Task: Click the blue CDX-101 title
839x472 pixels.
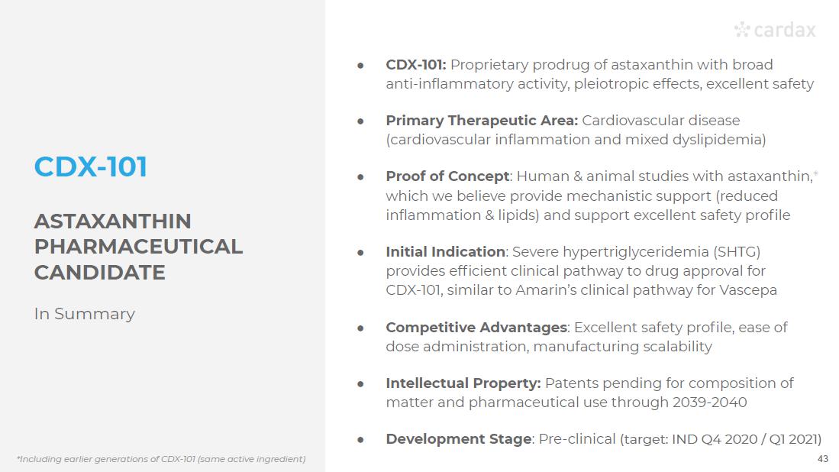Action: pyautogui.click(x=90, y=166)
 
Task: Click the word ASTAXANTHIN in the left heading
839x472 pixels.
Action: pyautogui.click(x=112, y=221)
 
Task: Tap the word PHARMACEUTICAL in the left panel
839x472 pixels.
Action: pyautogui.click(x=138, y=247)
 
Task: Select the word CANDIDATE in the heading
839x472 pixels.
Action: pyautogui.click(x=99, y=273)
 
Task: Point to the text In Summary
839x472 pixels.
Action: pyautogui.click(x=85, y=314)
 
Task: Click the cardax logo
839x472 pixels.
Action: pyautogui.click(x=775, y=30)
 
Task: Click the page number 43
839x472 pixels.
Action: pyautogui.click(x=823, y=458)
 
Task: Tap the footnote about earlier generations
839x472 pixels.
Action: pyautogui.click(x=161, y=459)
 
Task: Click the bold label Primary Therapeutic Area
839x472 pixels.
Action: pyautogui.click(x=482, y=121)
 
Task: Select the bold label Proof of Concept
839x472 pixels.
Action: pyautogui.click(x=448, y=176)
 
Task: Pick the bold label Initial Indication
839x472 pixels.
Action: pyautogui.click(x=446, y=251)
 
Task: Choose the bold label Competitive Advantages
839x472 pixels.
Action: pyautogui.click(x=476, y=327)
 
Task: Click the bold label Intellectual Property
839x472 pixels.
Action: pyautogui.click(x=463, y=383)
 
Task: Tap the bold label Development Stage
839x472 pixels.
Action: pyautogui.click(x=459, y=439)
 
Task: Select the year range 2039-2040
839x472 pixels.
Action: pyautogui.click(x=709, y=402)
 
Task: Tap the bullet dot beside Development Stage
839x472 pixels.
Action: pyautogui.click(x=360, y=440)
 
